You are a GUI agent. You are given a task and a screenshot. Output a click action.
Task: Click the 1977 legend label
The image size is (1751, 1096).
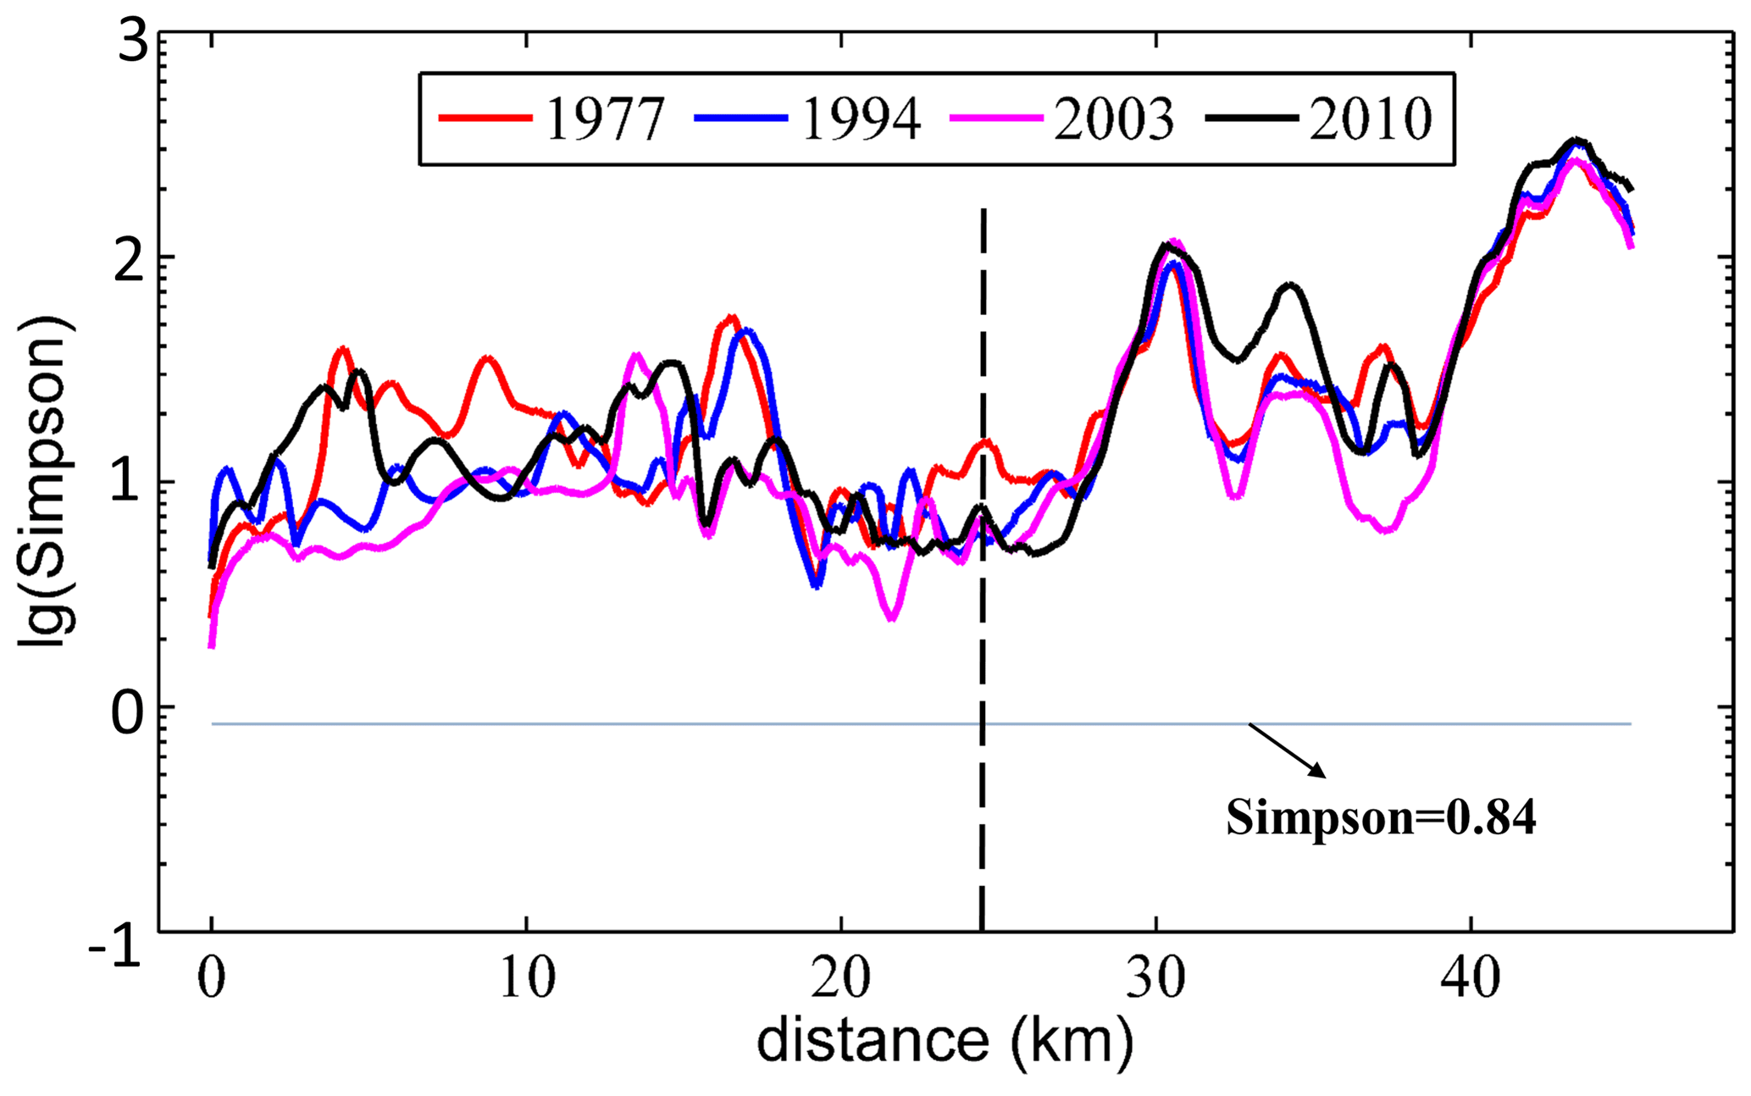tap(604, 119)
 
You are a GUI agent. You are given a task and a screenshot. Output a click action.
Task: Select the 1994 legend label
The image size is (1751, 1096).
tap(860, 119)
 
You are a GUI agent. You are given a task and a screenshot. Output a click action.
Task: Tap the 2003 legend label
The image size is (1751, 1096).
tap(1114, 119)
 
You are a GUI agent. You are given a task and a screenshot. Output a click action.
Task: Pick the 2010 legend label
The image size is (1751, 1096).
tap(1370, 119)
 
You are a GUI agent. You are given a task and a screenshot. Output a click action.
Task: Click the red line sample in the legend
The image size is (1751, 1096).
tap(485, 119)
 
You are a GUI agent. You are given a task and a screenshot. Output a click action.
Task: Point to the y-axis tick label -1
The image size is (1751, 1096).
tap(115, 949)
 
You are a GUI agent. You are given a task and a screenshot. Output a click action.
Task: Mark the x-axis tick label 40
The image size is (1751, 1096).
tap(1471, 978)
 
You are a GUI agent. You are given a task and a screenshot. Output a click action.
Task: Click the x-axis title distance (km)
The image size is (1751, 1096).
tap(945, 1040)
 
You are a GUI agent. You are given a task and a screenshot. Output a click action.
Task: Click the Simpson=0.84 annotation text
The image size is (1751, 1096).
tap(1381, 818)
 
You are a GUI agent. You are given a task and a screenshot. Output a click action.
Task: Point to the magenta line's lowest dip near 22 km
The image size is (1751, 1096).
tap(891, 617)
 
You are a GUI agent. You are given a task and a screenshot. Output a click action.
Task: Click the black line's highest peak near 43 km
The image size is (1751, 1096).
tap(1575, 140)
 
